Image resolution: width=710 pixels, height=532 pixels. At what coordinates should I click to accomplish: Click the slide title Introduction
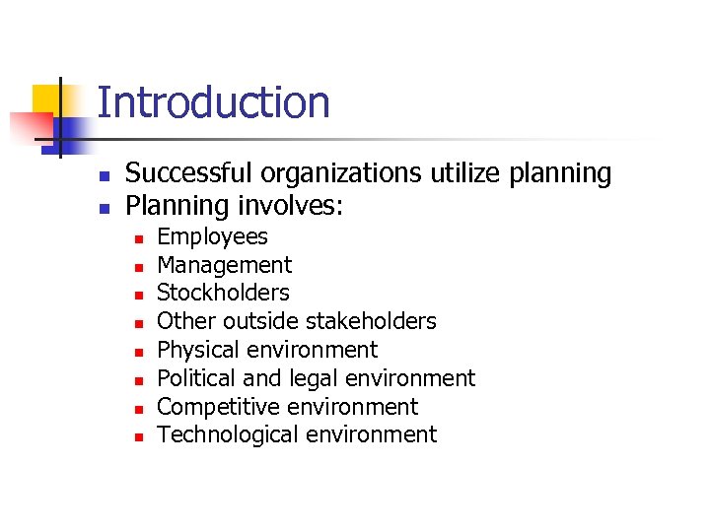(213, 102)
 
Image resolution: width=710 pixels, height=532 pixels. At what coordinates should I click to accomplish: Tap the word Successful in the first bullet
(184, 173)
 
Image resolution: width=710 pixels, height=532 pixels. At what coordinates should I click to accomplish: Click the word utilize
(464, 173)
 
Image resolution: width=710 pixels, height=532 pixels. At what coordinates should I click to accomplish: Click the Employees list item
(212, 236)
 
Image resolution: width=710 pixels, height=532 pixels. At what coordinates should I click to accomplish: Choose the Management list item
(224, 265)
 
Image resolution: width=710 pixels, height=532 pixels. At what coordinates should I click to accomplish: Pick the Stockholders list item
(223, 293)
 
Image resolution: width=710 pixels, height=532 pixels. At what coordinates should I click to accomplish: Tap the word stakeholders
(371, 321)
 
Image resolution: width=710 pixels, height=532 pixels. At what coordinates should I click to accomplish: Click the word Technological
(220, 434)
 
